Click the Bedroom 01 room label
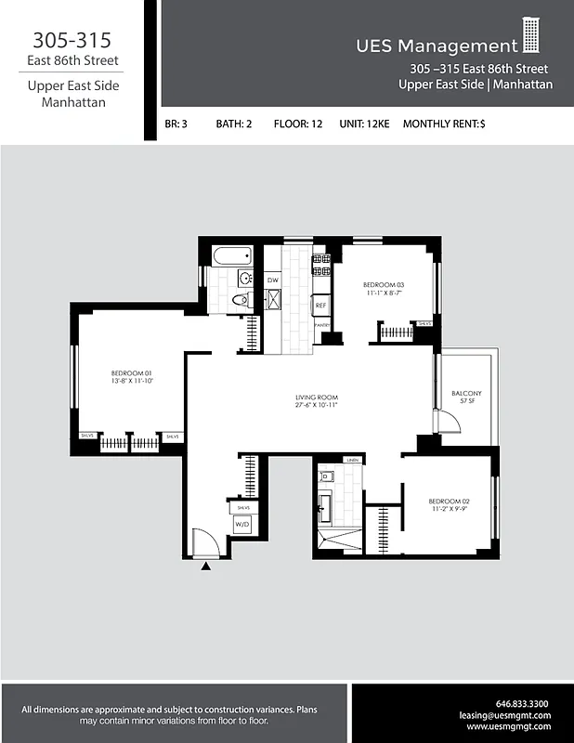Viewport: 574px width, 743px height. point(130,374)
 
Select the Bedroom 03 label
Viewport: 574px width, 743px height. point(384,284)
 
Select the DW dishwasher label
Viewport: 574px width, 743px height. point(273,280)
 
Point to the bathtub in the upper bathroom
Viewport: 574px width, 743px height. point(228,255)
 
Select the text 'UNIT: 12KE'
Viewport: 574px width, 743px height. point(363,124)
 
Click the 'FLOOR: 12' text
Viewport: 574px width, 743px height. point(298,124)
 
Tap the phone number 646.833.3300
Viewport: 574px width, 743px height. point(522,703)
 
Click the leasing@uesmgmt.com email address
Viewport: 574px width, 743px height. point(505,715)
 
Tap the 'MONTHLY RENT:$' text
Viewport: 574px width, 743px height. point(444,124)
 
